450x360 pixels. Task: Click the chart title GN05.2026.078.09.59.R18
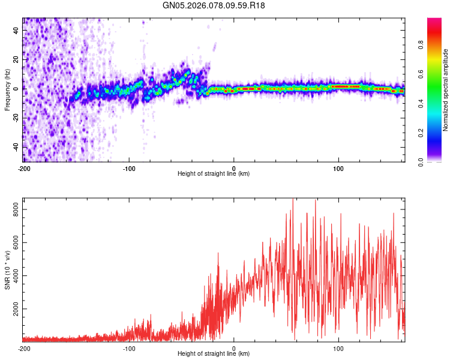[214, 6]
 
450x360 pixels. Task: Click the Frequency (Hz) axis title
[7, 89]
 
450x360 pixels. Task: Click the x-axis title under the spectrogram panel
[214, 174]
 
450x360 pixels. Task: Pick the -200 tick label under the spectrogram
[23, 167]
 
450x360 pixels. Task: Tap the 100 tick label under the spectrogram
[338, 167]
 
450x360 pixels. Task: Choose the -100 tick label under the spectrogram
[128, 167]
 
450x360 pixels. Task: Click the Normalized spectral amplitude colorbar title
[446, 90]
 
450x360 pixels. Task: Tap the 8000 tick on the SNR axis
[14, 209]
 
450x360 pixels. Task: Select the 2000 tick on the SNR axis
[14, 310]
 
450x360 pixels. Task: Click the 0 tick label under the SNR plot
[233, 348]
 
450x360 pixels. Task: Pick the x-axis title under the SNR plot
[214, 354]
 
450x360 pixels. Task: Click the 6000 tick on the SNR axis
[14, 243]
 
